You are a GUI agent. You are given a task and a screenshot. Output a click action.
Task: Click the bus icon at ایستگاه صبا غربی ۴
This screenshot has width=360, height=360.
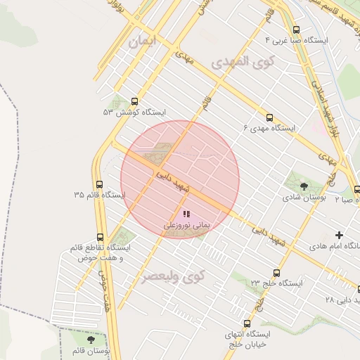pos(296,30)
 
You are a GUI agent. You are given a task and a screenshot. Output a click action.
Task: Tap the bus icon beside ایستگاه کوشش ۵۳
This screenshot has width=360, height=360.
pos(134,101)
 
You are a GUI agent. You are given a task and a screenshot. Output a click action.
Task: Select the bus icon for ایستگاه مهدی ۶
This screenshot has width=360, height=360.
pos(270,117)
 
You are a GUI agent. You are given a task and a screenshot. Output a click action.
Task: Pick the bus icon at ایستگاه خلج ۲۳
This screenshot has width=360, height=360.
pos(276,273)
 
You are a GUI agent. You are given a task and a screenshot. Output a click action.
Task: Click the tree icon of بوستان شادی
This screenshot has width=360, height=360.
pos(303,186)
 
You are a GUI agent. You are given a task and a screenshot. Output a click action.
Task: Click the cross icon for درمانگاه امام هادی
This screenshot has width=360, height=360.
pos(340,235)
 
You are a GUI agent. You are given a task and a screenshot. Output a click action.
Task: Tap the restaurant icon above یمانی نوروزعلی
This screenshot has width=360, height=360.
pos(186,214)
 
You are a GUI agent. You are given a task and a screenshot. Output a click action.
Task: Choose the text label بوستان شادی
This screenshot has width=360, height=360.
pos(307,199)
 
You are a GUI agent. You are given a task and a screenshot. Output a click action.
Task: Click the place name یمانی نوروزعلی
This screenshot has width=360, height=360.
pos(187,226)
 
